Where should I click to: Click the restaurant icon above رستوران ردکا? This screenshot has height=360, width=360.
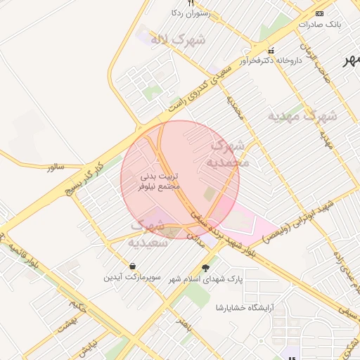[x=191, y=4]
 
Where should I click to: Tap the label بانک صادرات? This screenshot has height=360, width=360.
[x=319, y=24]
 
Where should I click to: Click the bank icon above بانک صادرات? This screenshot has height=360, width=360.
[x=320, y=13]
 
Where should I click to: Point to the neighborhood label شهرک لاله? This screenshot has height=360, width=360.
[x=177, y=39]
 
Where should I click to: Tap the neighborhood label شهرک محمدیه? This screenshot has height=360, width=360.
[x=227, y=154]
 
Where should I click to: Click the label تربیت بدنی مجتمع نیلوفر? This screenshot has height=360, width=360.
[x=161, y=181]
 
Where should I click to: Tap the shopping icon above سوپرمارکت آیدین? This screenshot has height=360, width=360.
[x=132, y=266]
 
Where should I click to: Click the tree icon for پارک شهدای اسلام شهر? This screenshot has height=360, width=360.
[x=205, y=267]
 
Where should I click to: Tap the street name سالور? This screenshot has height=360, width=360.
[x=56, y=167]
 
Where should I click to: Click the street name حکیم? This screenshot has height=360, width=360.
[x=78, y=307]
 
